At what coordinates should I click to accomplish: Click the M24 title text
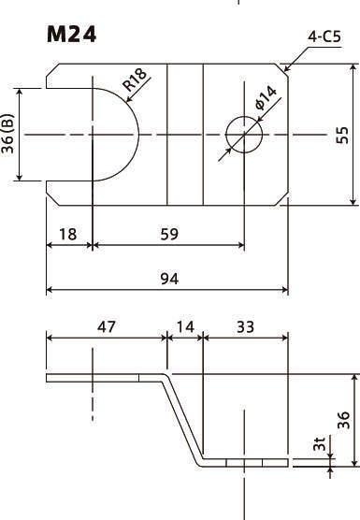click(71, 35)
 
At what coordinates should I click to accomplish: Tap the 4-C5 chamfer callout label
click(324, 36)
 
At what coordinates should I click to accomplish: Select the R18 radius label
click(135, 79)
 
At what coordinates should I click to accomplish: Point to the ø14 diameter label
click(266, 98)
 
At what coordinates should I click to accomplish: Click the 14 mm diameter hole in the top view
click(244, 135)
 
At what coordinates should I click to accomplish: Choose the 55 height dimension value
click(342, 135)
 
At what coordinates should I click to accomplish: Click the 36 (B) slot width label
click(8, 134)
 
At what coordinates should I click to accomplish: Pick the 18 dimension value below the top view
click(68, 234)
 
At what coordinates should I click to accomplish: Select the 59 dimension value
click(169, 234)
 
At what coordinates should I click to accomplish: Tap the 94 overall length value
click(169, 279)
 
